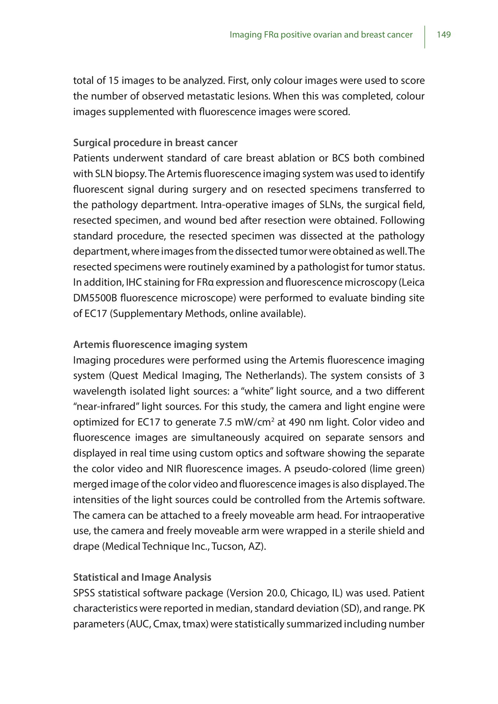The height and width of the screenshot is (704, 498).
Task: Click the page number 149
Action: [444, 35]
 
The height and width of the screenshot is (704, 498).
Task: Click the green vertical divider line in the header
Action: [425, 37]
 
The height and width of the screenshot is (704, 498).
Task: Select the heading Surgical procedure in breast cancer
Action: [155, 143]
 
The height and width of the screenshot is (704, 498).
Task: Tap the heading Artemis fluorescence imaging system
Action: [160, 344]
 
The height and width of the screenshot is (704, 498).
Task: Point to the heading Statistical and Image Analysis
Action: [142, 577]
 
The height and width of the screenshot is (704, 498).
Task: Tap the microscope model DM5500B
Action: [95, 298]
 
